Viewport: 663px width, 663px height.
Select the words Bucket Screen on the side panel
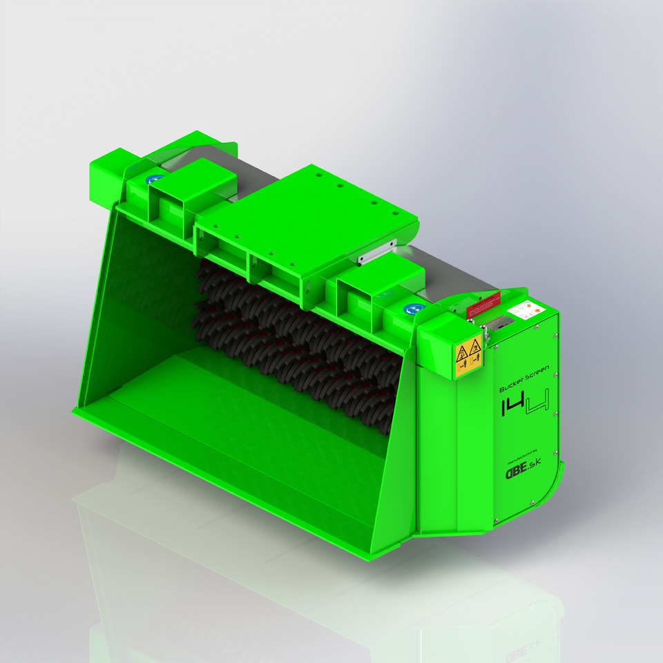click(x=523, y=381)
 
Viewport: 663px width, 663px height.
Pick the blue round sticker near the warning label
click(x=412, y=310)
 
